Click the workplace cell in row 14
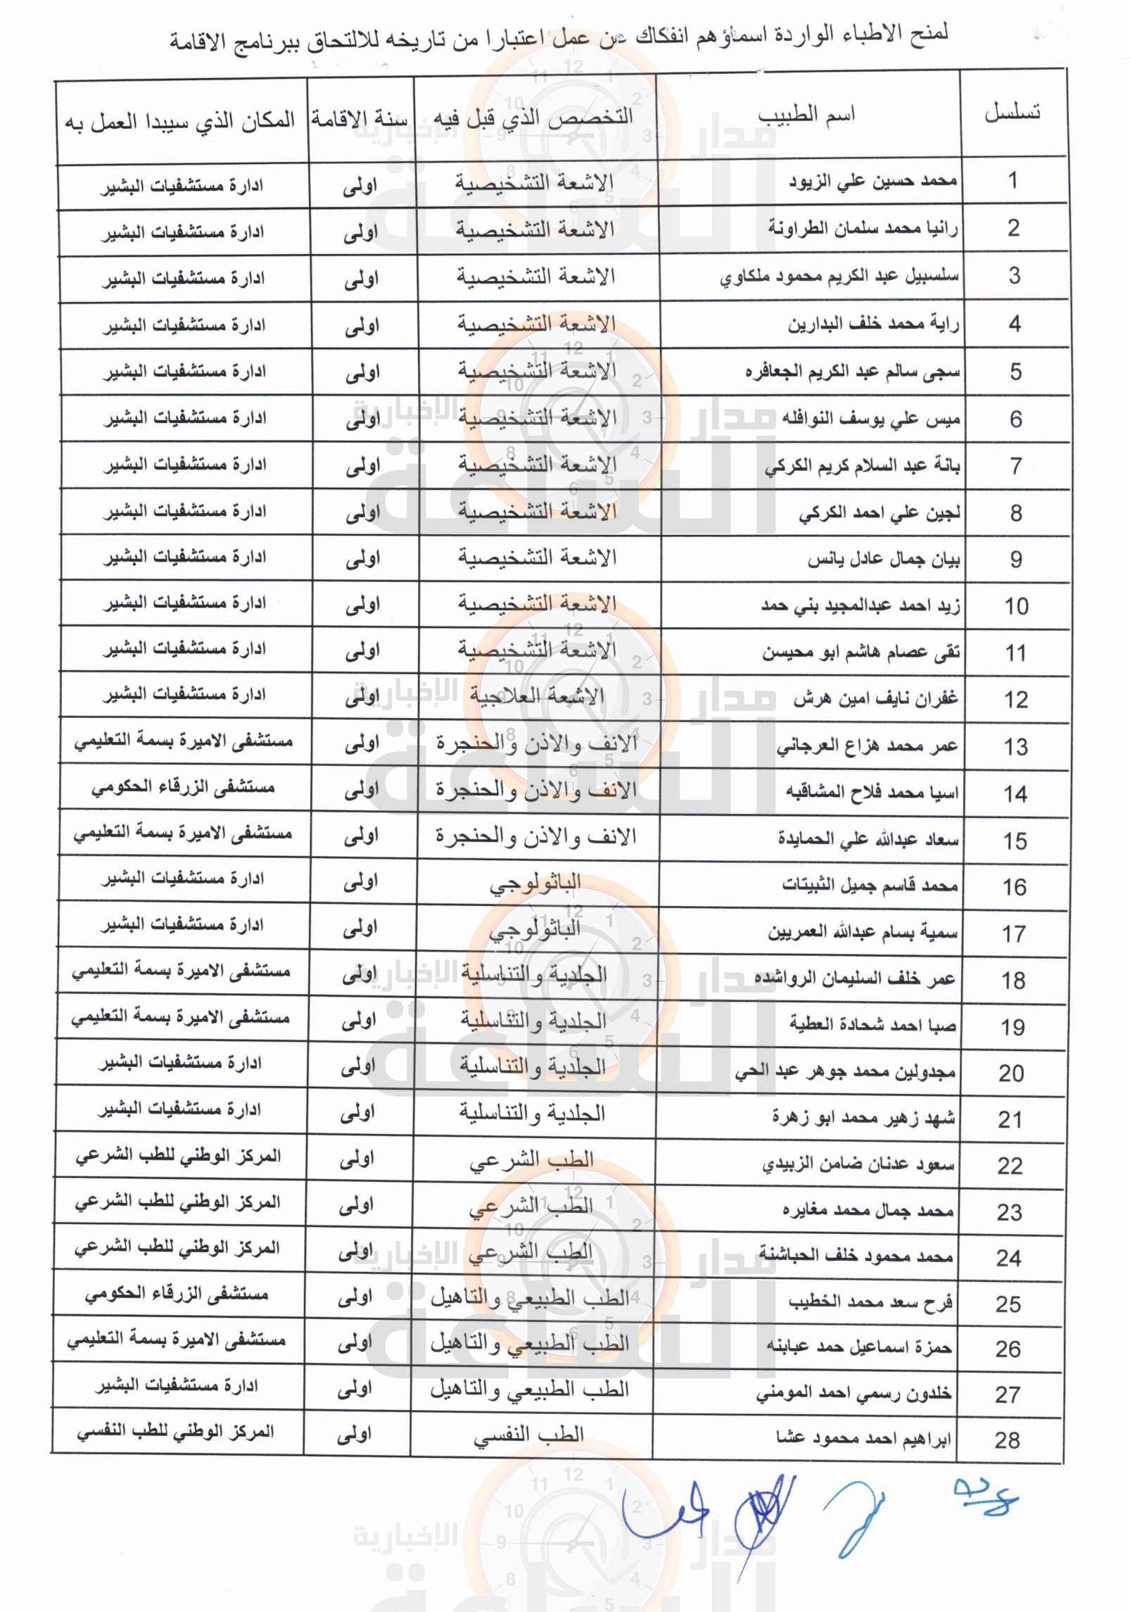(182, 788)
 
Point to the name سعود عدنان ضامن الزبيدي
(858, 1165)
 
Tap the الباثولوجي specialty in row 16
(535, 883)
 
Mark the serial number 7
(1015, 465)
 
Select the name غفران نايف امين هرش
(875, 699)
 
